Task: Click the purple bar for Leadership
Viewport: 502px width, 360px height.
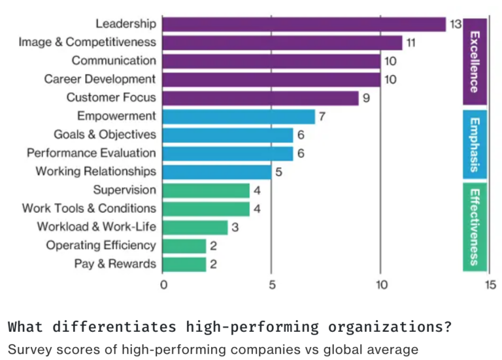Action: point(304,24)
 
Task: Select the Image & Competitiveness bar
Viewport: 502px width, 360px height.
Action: point(282,42)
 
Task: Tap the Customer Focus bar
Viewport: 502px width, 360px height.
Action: point(260,98)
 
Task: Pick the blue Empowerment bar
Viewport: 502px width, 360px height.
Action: point(239,116)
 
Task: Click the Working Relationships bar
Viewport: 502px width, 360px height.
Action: point(216,172)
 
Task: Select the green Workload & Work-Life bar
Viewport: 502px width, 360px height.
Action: point(195,227)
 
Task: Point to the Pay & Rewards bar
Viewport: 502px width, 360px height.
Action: point(184,264)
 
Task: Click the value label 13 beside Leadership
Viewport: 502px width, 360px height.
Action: point(456,24)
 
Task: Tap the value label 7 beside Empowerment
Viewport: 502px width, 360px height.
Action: point(322,116)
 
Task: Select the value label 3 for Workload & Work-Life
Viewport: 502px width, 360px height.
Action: point(234,227)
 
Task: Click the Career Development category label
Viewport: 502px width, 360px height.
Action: point(100,79)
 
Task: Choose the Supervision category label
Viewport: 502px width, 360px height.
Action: point(124,190)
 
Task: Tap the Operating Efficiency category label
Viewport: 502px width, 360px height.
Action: point(101,246)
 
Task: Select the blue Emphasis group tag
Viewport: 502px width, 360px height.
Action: point(474,144)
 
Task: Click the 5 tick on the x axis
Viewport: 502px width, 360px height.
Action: point(272,285)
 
